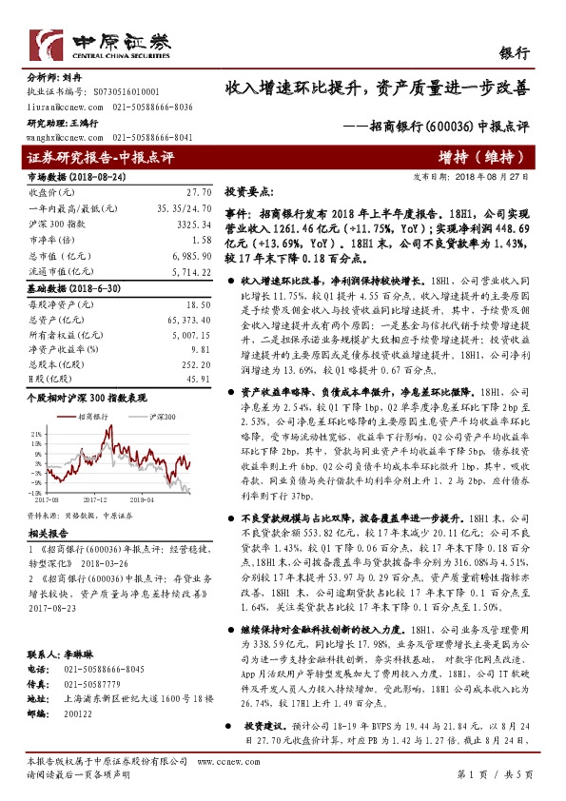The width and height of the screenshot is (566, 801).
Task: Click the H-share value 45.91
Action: (x=196, y=379)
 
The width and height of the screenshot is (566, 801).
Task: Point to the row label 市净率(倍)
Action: (x=49, y=238)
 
